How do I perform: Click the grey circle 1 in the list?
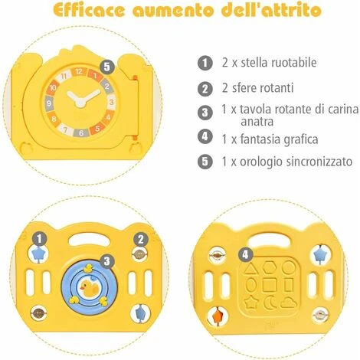click(204, 62)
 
